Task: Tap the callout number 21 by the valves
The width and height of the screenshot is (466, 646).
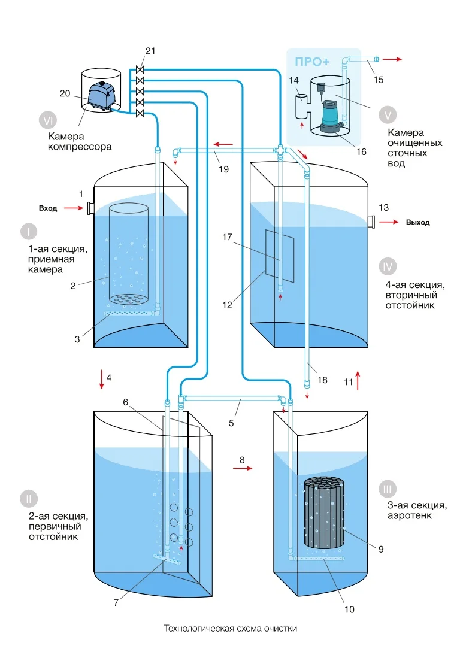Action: pos(150,51)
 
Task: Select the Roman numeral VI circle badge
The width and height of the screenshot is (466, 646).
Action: pos(47,120)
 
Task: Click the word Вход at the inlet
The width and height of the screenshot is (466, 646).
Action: pos(48,208)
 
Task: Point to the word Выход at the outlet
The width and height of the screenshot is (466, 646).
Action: pos(417,222)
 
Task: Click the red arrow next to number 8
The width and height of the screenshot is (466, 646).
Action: pos(243,469)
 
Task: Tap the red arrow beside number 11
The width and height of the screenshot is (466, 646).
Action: pos(358,380)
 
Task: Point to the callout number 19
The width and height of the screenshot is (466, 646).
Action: pos(223,169)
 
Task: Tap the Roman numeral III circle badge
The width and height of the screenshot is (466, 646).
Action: pos(386,490)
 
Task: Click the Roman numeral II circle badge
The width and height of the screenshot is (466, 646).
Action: pos(28,498)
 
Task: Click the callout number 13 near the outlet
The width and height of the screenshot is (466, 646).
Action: pos(383,207)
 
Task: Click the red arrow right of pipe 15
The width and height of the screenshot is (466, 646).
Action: pos(392,59)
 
